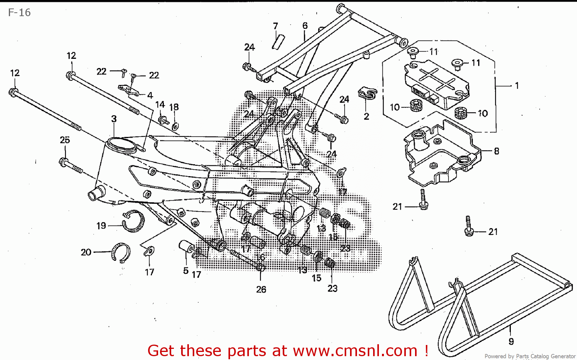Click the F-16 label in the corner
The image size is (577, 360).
[19, 13]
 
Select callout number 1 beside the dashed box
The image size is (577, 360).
[517, 85]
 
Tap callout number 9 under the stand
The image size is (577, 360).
[511, 341]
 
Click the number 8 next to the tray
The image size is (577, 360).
[496, 151]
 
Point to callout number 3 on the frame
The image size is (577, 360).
[114, 119]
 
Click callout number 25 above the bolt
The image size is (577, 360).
[65, 140]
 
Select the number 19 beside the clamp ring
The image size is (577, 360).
[101, 226]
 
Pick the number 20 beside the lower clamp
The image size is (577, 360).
[86, 252]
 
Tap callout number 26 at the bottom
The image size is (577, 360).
[261, 289]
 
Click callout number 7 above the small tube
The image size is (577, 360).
[275, 26]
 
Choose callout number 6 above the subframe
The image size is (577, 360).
[305, 25]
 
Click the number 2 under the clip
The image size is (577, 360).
[366, 116]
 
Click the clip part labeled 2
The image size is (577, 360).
[367, 93]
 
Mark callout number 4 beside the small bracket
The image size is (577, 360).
[150, 95]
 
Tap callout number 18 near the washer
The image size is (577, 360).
[174, 107]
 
